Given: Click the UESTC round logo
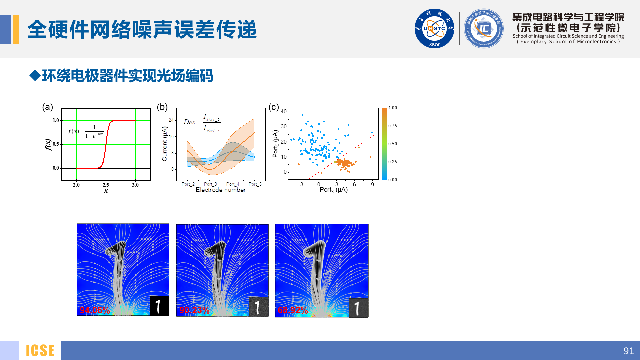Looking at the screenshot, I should click(x=434, y=28).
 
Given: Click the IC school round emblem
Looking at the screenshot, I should click(x=483, y=28).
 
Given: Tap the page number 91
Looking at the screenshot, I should click(x=628, y=351).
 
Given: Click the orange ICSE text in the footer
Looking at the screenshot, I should click(x=40, y=351).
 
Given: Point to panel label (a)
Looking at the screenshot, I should click(x=47, y=107).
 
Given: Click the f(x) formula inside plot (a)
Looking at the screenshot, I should click(x=86, y=131).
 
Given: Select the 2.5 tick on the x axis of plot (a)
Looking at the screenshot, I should click(x=106, y=185).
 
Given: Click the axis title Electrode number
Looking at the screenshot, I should click(x=220, y=190).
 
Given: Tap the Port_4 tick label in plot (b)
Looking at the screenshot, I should click(x=233, y=184).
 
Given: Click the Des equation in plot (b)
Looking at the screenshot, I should click(x=202, y=123).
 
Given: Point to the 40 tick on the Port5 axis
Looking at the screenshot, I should click(x=284, y=111).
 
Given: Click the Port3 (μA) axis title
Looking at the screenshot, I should click(x=333, y=190).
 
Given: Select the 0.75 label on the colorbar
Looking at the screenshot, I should click(x=393, y=126).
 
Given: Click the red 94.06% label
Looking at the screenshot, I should click(x=95, y=310).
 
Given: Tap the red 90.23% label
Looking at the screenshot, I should click(x=194, y=310).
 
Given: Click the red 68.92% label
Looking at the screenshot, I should click(x=293, y=310).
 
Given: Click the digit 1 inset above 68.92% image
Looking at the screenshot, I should click(x=358, y=308).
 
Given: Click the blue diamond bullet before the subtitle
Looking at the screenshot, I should click(x=35, y=75).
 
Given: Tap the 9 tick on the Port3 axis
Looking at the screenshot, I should click(x=372, y=184).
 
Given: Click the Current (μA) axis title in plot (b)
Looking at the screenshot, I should click(x=164, y=144).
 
